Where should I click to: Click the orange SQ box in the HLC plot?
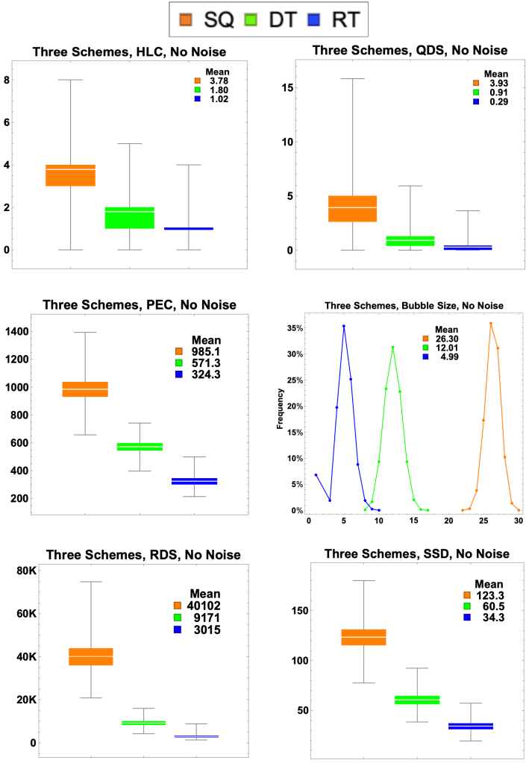point(70,175)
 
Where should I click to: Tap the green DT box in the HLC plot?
point(129,217)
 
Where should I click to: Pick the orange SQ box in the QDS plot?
point(353,208)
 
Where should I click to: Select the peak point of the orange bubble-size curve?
point(491,323)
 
